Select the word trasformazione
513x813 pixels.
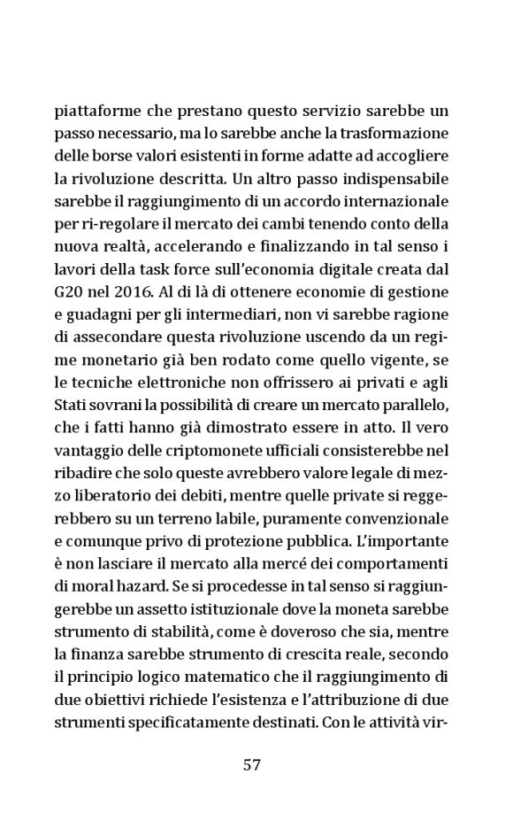coord(400,135)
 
